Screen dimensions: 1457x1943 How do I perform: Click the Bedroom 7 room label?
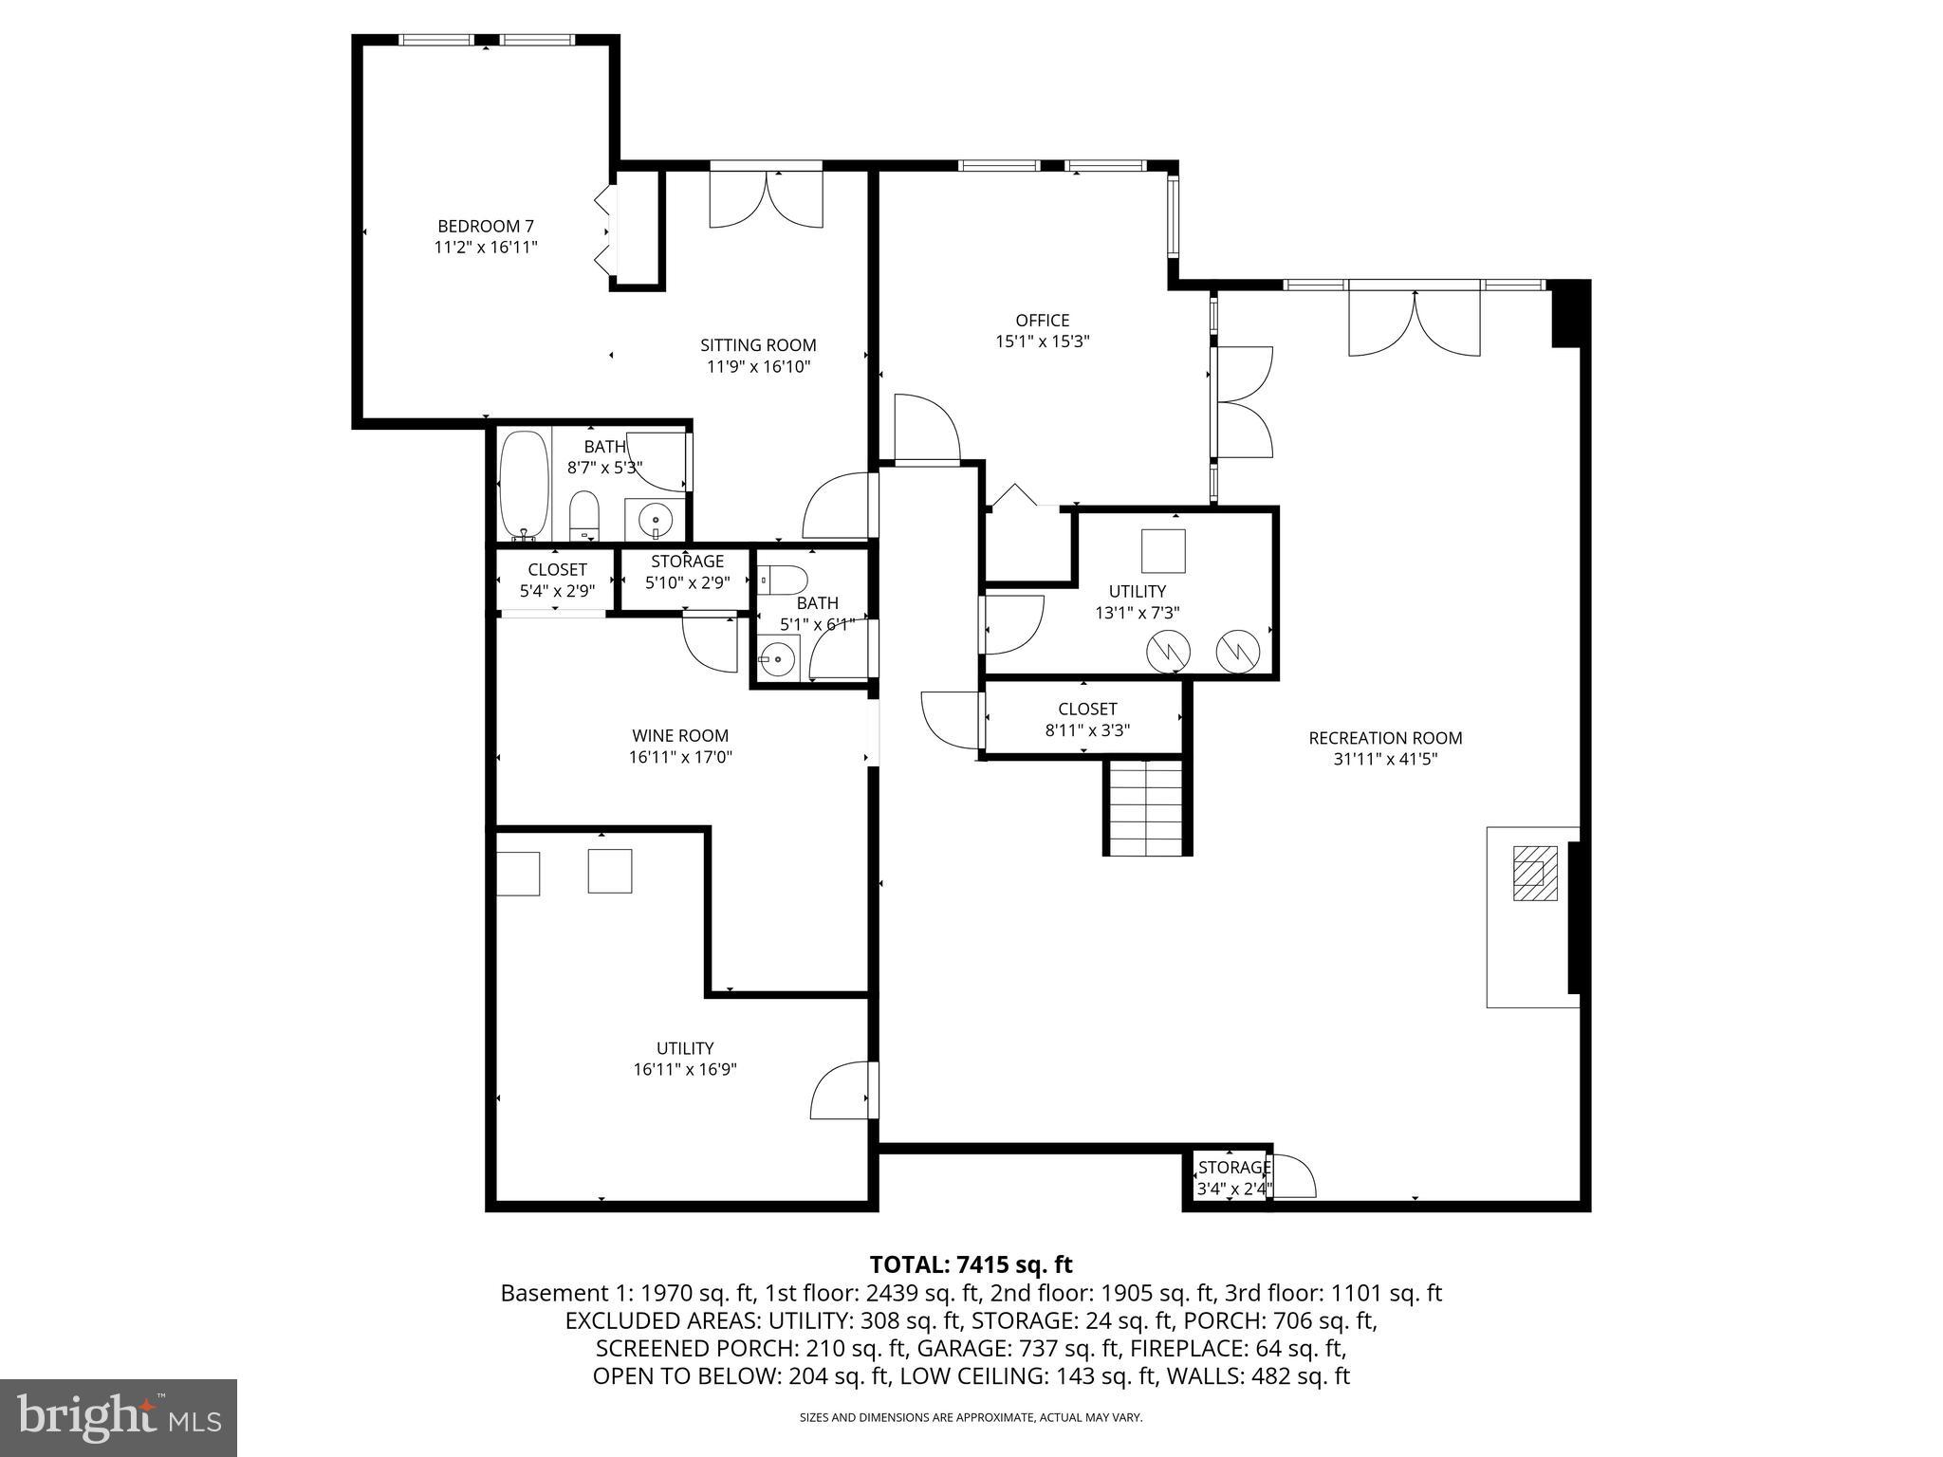(485, 227)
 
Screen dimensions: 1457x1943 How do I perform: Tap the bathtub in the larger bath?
(524, 485)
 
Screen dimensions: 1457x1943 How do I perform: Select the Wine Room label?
(680, 736)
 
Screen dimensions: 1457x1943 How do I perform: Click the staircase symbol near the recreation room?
(1146, 807)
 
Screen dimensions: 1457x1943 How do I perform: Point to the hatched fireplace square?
(1534, 873)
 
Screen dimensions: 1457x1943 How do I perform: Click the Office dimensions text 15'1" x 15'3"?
(1042, 341)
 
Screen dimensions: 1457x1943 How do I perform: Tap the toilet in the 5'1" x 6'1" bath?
(784, 578)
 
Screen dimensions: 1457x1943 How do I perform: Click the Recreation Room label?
(1385, 738)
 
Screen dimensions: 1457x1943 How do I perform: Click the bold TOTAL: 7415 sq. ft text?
(971, 1264)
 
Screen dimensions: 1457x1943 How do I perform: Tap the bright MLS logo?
(119, 1418)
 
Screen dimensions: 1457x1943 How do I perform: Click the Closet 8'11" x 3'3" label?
(1087, 710)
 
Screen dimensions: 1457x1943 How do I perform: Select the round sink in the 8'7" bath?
(656, 520)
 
